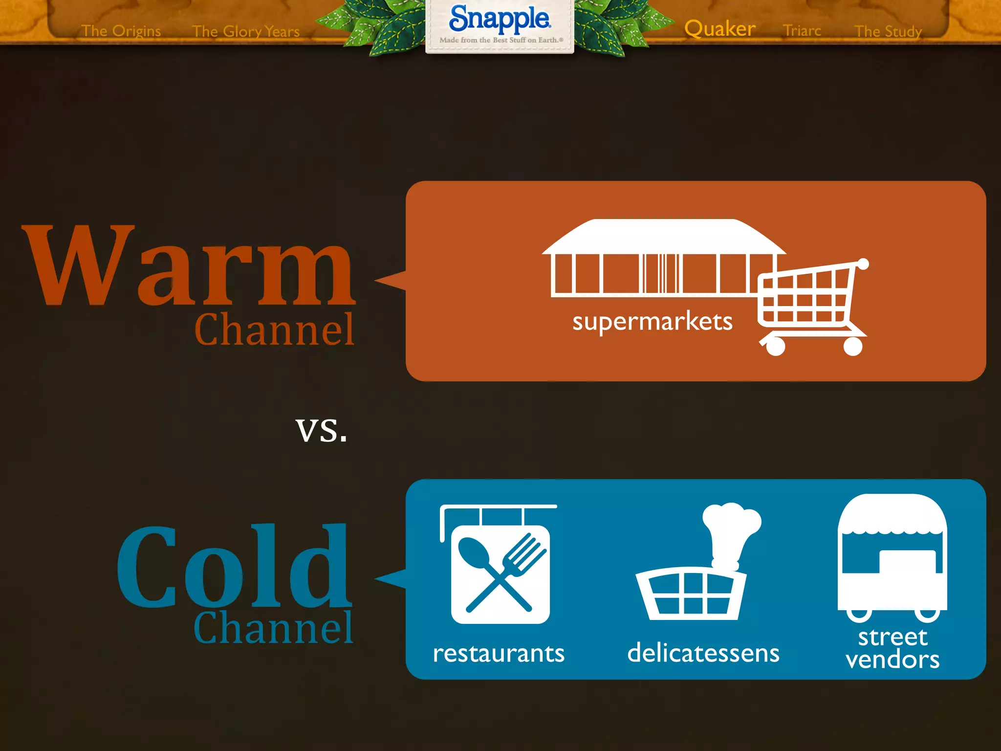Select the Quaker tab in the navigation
(719, 29)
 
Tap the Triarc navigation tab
(802, 31)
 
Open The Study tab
(888, 32)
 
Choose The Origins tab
(121, 31)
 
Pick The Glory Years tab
(246, 32)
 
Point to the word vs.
(321, 429)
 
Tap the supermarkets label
(653, 322)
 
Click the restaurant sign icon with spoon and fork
(500, 570)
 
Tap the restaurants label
(499, 654)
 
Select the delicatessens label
(703, 653)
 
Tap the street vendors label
(892, 648)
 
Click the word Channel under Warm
(274, 330)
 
